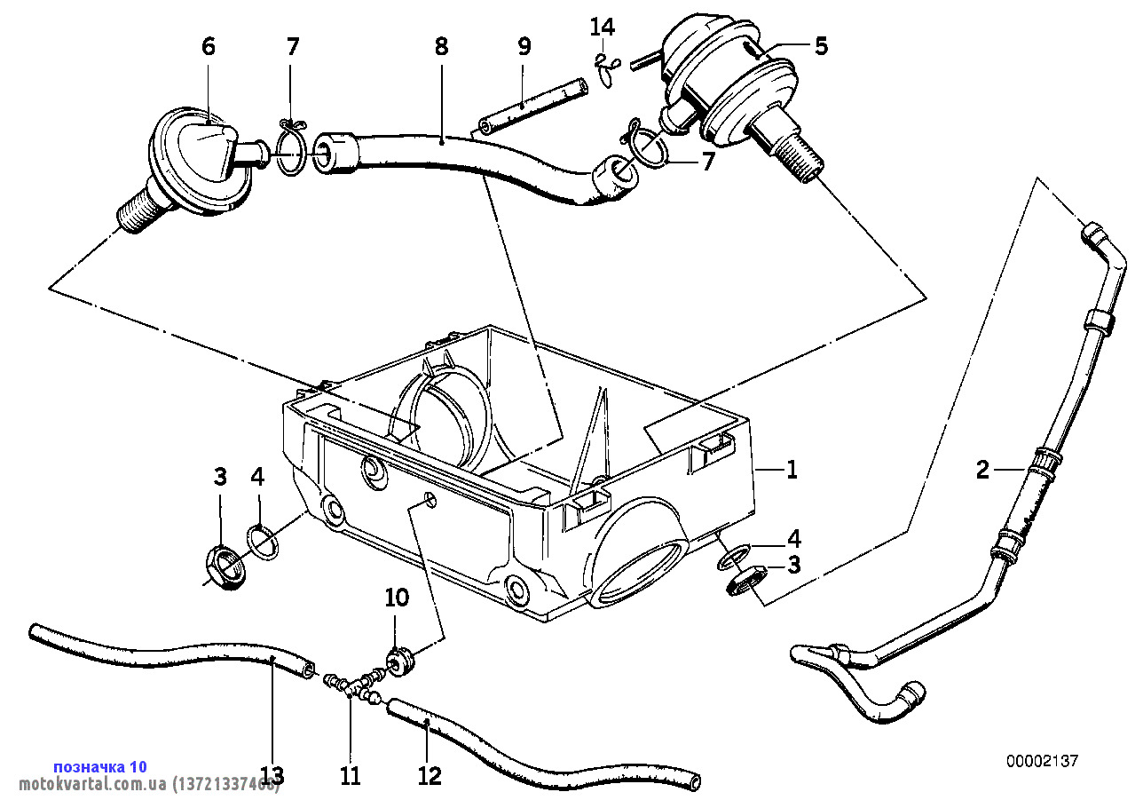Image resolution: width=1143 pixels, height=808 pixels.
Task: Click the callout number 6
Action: [209, 47]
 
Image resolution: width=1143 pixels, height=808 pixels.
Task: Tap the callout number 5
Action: [821, 46]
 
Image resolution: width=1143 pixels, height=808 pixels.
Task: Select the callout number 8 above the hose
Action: [441, 47]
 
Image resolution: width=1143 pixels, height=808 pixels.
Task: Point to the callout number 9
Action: [524, 47]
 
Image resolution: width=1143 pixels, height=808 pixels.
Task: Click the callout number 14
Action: [603, 27]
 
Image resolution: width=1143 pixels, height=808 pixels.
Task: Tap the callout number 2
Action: [982, 469]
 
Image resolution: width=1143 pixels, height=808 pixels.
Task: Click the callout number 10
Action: [397, 598]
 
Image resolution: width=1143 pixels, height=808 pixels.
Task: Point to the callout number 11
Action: [351, 775]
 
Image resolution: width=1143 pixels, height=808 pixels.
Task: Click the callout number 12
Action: [430, 775]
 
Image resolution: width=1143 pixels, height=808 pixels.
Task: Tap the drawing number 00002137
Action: [1043, 761]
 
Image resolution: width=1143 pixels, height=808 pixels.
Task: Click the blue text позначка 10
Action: [100, 766]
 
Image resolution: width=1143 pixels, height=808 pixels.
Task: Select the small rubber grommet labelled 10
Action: [399, 661]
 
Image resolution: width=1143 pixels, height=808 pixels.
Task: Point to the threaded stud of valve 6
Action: [135, 210]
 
